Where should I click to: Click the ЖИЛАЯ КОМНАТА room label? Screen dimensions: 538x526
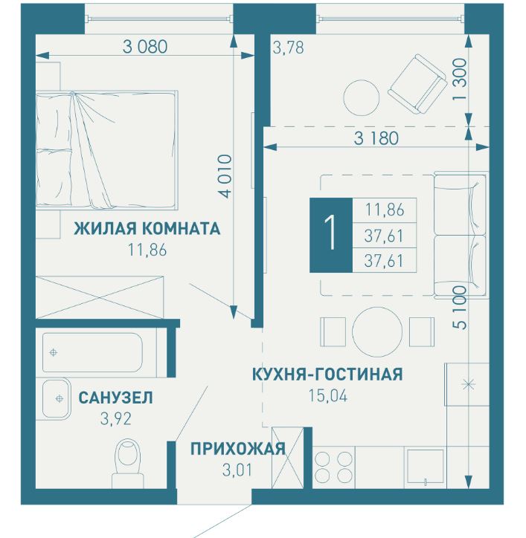[x=147, y=228]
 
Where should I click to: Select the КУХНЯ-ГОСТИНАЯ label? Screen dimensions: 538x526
[x=327, y=374]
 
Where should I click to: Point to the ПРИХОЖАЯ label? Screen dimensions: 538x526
[x=237, y=448]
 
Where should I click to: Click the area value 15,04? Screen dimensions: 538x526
[x=327, y=395]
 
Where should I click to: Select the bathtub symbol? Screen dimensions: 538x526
[x=92, y=353]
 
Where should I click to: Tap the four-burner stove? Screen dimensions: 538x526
[x=333, y=467]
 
